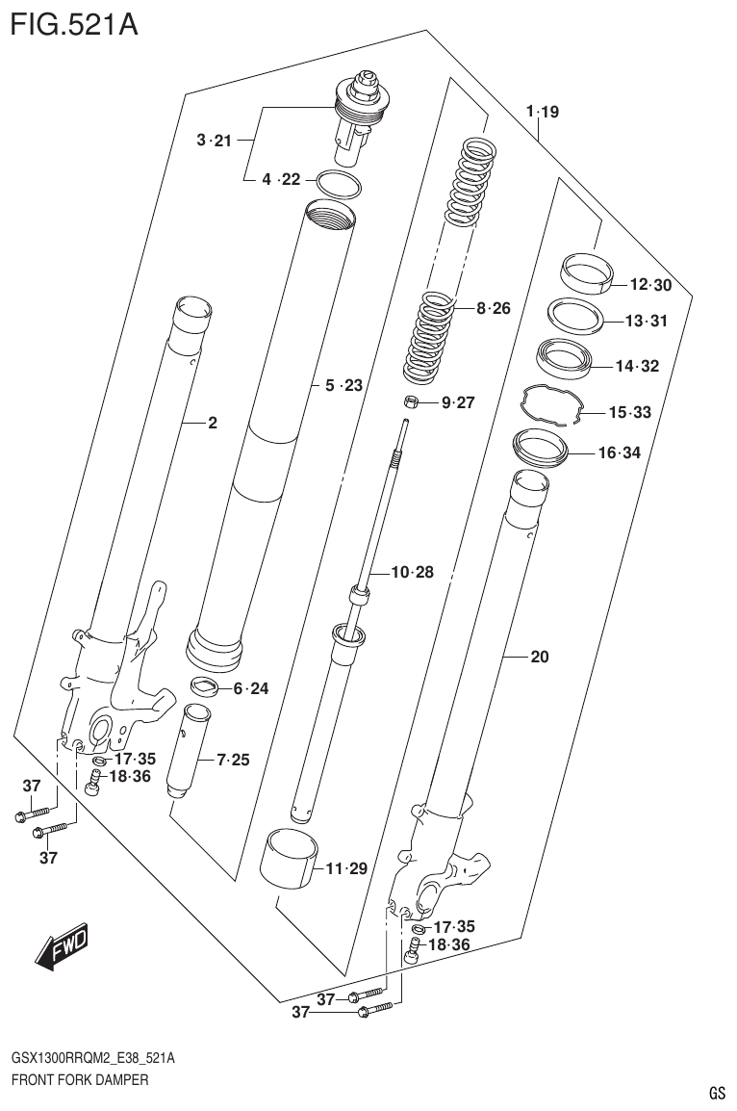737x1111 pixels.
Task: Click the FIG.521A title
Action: pos(73,23)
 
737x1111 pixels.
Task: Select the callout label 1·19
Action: pos(542,112)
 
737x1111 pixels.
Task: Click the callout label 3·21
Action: pos(214,141)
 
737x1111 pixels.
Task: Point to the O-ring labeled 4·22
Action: pos(338,183)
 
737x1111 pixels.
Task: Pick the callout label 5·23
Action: pos(343,385)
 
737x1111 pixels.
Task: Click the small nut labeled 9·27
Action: pos(409,401)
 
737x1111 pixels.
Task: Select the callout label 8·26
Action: pos(493,308)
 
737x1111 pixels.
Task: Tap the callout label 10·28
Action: pos(412,573)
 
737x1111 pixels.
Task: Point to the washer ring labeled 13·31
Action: pos(575,315)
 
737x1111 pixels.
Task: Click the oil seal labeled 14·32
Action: pos(568,357)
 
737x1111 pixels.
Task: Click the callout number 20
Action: pos(539,658)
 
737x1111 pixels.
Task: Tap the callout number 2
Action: pos(213,422)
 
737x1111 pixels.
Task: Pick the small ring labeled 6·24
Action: pos(204,687)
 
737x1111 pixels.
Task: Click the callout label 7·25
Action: pos(233,761)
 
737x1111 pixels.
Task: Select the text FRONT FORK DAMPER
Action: pos(80,1080)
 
